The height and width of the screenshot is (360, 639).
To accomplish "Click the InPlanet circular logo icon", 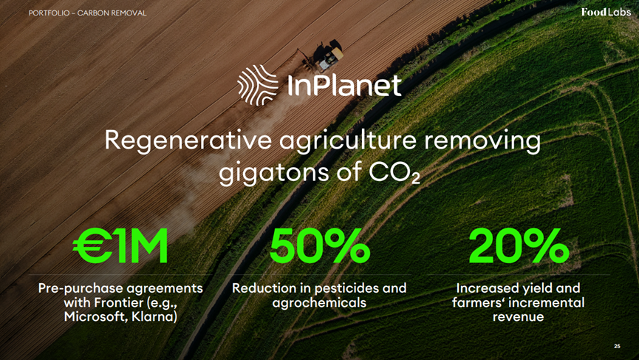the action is (258, 85).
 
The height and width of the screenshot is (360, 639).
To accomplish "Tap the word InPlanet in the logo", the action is (344, 85).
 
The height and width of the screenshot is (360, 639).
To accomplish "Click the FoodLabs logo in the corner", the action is (606, 12).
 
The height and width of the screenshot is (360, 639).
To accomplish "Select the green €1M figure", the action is (120, 245).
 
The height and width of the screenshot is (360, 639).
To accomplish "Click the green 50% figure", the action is (319, 245).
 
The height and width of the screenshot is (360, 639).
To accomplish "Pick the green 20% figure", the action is (519, 245).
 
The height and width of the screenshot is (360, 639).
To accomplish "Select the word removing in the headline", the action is (482, 141).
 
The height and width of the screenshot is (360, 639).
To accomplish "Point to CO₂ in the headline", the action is (394, 172).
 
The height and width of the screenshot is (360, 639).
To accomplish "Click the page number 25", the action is (617, 346).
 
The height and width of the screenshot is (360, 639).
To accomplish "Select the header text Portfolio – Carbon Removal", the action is (87, 13).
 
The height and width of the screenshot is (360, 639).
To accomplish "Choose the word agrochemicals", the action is (319, 302).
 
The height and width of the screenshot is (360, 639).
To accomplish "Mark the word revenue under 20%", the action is (518, 317).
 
